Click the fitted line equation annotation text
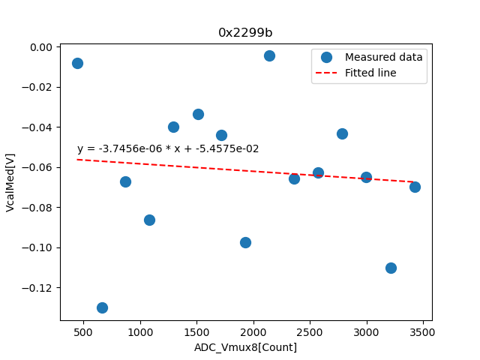click(x=168, y=148)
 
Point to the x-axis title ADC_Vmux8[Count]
click(x=245, y=347)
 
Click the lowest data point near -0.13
click(x=102, y=307)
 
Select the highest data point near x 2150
click(x=269, y=55)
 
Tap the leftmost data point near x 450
click(x=77, y=63)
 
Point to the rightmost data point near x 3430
click(x=415, y=187)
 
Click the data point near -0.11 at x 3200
click(x=391, y=268)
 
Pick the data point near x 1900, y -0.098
click(x=245, y=242)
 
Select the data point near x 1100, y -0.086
click(x=149, y=220)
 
